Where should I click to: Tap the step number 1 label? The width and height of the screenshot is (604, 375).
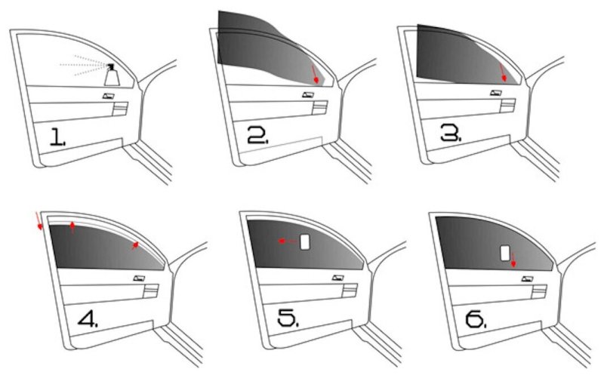pyautogui.click(x=58, y=137)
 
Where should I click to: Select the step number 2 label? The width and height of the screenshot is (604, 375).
pyautogui.click(x=257, y=135)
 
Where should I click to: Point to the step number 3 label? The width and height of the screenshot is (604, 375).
pyautogui.click(x=451, y=133)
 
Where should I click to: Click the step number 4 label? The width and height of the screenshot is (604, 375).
pyautogui.click(x=88, y=318)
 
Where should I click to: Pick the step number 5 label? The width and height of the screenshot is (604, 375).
pyautogui.click(x=288, y=318)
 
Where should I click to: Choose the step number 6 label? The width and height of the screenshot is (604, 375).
pyautogui.click(x=476, y=319)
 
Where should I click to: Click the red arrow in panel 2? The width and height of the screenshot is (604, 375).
pyautogui.click(x=315, y=74)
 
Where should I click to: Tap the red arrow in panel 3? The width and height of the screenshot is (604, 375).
pyautogui.click(x=502, y=72)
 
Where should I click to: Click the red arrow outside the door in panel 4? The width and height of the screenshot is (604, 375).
pyautogui.click(x=39, y=221)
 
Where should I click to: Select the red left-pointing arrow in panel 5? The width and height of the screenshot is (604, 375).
pyautogui.click(x=288, y=241)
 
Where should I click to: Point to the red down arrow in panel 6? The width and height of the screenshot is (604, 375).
pyautogui.click(x=513, y=260)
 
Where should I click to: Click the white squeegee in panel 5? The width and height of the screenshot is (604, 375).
pyautogui.click(x=305, y=241)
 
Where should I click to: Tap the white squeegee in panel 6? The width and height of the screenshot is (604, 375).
pyautogui.click(x=505, y=253)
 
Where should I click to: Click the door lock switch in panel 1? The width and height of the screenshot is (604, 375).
pyautogui.click(x=109, y=96)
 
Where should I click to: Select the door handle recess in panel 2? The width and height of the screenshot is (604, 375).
pyautogui.click(x=320, y=107)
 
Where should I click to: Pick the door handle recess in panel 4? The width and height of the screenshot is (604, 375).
pyautogui.click(x=150, y=291)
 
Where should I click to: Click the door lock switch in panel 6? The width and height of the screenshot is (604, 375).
pyautogui.click(x=527, y=278)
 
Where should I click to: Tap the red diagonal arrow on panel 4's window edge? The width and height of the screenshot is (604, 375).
pyautogui.click(x=134, y=246)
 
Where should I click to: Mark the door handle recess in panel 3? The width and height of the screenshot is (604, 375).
pyautogui.click(x=507, y=106)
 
